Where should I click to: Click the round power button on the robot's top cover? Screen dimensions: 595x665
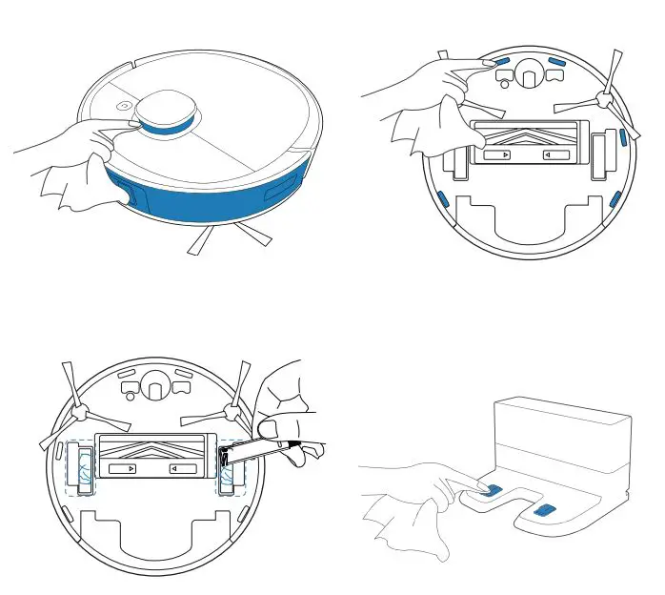126,107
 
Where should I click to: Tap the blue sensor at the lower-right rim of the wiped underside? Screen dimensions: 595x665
615,198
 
